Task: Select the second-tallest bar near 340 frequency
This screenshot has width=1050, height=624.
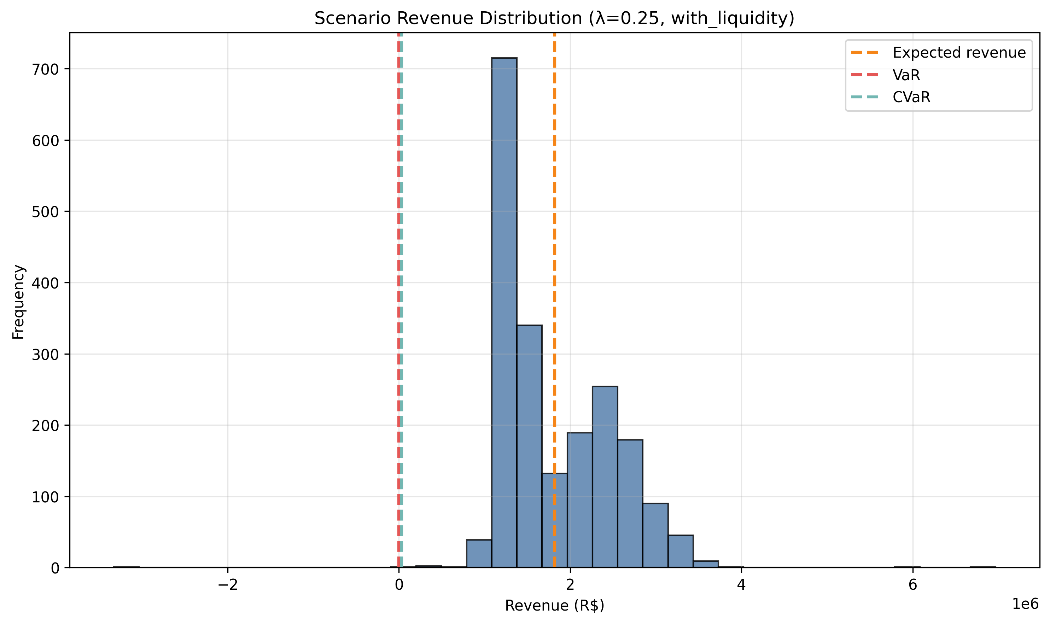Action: (529, 446)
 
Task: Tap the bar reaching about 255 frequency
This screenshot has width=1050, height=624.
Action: (605, 477)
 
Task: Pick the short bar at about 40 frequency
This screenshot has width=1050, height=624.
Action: (479, 553)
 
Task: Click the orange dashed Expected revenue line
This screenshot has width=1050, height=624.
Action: (555, 252)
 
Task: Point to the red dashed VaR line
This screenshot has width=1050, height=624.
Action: (398, 252)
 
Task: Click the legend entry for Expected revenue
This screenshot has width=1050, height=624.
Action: (959, 53)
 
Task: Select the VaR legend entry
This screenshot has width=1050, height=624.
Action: (906, 75)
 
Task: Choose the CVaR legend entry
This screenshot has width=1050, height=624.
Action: (911, 97)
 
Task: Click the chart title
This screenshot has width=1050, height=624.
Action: (554, 18)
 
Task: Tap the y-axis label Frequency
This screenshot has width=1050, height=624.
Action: (18, 302)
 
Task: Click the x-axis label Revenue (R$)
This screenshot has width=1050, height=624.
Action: (554, 606)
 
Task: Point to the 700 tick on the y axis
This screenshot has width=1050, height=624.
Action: (45, 69)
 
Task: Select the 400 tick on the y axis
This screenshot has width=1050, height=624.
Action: (45, 283)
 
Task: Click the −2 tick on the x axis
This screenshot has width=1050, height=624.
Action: (227, 585)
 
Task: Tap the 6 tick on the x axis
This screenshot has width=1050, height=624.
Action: (912, 585)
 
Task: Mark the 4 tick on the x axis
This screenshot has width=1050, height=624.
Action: (741, 585)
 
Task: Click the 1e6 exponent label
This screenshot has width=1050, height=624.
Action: (1025, 604)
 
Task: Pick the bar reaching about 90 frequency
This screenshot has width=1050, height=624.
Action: (655, 535)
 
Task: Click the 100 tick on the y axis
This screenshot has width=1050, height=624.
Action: (45, 497)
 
